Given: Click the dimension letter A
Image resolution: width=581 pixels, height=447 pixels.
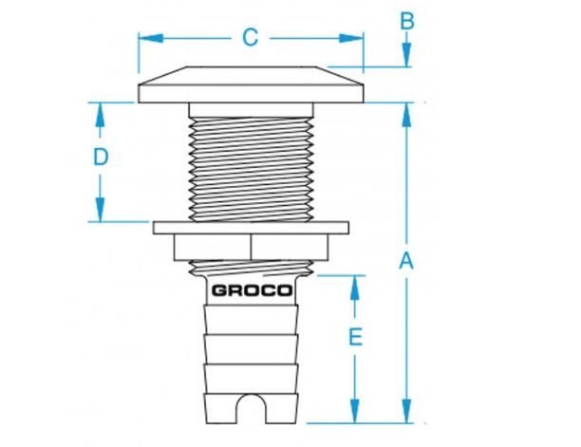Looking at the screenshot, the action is pos(406,261).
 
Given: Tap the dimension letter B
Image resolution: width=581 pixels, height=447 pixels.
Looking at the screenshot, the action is pos(407,21).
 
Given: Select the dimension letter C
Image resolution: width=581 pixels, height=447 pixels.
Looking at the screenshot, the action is pos(251,38).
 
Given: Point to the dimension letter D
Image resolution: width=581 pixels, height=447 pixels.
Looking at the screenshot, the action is pos(101,157).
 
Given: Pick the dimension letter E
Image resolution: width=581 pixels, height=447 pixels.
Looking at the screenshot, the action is pos(355,337).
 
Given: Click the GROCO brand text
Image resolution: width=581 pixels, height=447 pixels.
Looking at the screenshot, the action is pos(252,290).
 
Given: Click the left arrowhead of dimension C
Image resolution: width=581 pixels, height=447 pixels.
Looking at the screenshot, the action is pos(150,38).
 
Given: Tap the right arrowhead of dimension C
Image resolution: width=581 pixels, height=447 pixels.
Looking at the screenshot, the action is pos(351,38).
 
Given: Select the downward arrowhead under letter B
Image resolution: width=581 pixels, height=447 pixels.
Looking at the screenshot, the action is pos(407,55).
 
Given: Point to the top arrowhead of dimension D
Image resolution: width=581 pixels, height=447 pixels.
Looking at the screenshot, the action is pos(100,115).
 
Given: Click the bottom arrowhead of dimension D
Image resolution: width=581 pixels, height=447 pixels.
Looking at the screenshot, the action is pos(100,210).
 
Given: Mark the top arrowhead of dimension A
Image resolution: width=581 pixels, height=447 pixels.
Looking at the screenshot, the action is pos(407,115).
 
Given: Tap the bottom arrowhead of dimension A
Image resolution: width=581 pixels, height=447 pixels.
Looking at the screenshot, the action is pos(407,411).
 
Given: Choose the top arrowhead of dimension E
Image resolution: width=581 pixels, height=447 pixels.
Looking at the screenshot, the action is pos(355,288).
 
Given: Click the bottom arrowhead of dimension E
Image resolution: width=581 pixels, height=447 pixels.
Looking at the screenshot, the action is pos(355,411).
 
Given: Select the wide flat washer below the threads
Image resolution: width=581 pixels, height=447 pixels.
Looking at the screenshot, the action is pos(251,228).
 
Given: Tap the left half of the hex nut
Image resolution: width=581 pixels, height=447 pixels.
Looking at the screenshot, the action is pos(213,247).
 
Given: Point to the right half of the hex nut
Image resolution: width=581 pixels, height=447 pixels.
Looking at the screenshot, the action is pos(290,247).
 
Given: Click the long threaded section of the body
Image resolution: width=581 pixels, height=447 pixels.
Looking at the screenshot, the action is pos(251,169).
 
